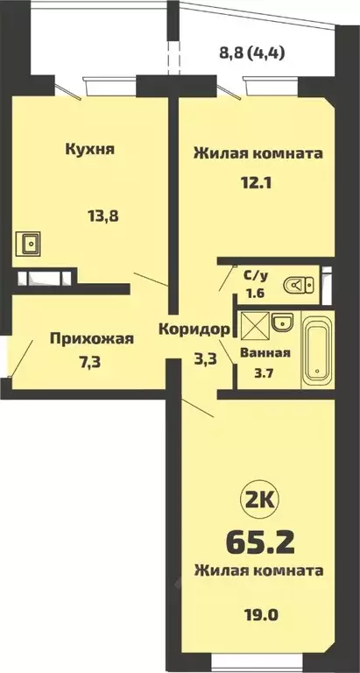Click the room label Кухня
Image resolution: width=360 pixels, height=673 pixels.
click(x=91, y=148)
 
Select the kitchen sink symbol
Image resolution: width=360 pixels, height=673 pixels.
click(x=32, y=241)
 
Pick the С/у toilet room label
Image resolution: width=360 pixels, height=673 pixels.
click(x=255, y=274)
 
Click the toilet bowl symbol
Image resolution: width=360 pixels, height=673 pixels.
click(x=302, y=284)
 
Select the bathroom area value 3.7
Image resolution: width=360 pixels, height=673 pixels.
click(x=258, y=375)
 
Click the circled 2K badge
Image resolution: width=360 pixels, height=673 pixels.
click(x=256, y=502)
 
